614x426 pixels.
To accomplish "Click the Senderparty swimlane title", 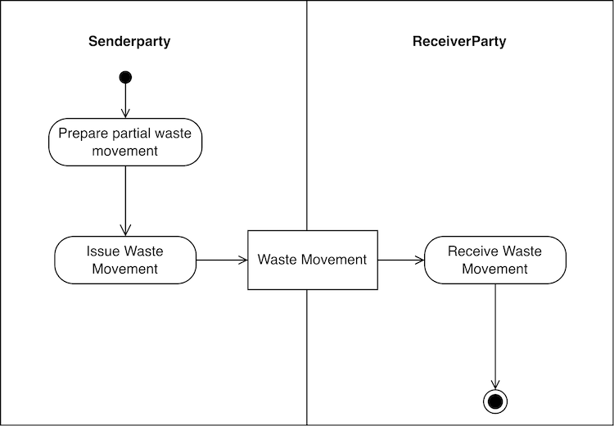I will point(129,41).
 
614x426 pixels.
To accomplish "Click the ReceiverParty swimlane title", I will point(458,41).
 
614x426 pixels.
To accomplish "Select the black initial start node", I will point(125,77).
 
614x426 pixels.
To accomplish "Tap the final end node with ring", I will point(495,401).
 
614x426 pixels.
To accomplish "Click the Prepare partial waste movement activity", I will point(125,143).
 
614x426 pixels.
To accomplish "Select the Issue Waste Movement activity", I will point(125,260).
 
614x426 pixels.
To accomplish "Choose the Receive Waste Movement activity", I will point(494,260).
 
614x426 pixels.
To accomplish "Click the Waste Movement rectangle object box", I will point(313,260).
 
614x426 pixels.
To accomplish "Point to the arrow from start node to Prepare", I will point(125,101).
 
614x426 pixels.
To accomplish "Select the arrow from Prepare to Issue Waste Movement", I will point(125,201).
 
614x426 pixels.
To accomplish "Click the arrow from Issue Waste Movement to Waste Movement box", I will point(222,260).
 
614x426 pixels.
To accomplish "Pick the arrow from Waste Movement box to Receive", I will point(401,260).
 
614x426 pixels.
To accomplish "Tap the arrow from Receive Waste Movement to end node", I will point(495,336).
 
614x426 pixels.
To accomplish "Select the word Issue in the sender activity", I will point(103,252).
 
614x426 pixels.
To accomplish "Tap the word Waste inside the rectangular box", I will point(277,260).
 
